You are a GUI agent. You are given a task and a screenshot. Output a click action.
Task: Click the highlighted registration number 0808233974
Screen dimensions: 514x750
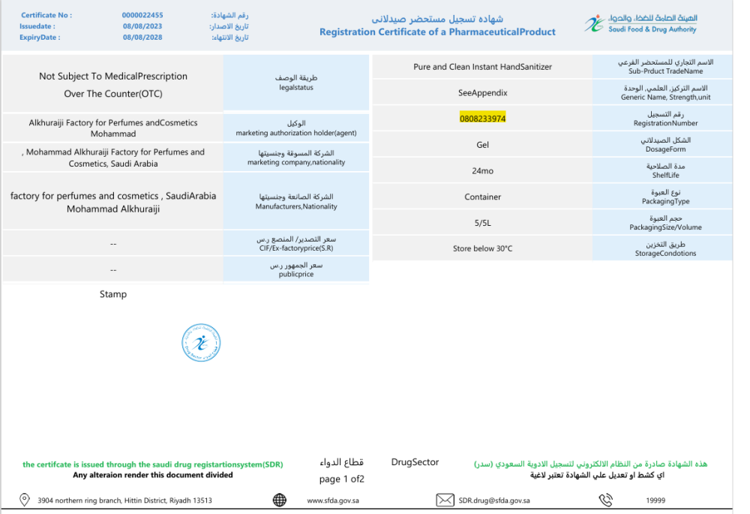click(x=482, y=119)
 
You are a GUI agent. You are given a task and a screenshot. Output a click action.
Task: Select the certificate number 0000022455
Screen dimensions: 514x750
click(x=142, y=15)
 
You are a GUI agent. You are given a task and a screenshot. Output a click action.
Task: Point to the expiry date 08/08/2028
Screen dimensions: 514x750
click(x=142, y=37)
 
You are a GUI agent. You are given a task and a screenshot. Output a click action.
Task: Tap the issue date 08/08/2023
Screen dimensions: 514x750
click(x=142, y=26)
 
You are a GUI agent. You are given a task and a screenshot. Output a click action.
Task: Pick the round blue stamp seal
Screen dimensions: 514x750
click(x=201, y=344)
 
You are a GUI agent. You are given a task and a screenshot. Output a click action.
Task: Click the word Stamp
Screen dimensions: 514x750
click(x=113, y=294)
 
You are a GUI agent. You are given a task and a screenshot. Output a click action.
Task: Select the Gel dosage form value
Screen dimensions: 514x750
click(x=482, y=145)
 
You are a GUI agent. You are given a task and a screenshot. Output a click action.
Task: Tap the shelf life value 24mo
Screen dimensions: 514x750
click(x=482, y=171)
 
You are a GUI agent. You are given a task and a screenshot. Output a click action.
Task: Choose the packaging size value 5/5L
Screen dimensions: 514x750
click(x=482, y=223)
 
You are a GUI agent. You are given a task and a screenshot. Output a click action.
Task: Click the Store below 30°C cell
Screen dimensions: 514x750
click(x=482, y=248)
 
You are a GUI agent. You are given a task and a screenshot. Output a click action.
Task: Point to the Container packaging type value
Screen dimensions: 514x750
click(x=482, y=197)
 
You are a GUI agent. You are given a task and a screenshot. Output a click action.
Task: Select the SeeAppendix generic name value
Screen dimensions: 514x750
click(x=482, y=93)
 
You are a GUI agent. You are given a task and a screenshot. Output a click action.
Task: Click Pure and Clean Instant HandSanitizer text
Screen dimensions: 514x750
click(x=482, y=67)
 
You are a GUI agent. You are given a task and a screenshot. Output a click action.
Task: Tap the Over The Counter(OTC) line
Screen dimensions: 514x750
click(x=113, y=94)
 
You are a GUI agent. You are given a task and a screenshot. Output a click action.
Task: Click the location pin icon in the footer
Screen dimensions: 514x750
click(x=24, y=500)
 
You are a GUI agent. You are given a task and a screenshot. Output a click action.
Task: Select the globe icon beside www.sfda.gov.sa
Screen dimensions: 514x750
click(x=280, y=500)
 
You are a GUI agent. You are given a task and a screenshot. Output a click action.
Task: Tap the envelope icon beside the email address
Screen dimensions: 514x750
click(x=445, y=500)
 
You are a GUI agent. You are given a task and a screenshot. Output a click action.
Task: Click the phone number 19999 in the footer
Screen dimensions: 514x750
click(x=655, y=500)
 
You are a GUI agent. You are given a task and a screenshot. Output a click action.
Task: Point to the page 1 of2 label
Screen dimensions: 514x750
click(x=341, y=479)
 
